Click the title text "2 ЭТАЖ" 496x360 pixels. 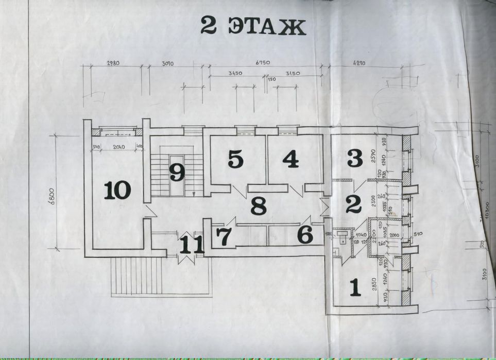(253, 27)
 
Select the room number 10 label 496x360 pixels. (117, 191)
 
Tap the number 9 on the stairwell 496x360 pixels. (177, 172)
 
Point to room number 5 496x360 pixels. (235, 160)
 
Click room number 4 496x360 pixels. (290, 160)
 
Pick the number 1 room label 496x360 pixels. (354, 287)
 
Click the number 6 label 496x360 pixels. (305, 235)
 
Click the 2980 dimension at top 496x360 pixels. (113, 64)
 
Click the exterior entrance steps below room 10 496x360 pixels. (137, 276)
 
